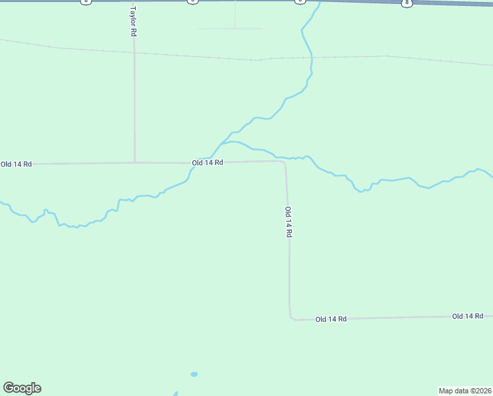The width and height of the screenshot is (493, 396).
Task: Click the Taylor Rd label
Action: coord(133,22)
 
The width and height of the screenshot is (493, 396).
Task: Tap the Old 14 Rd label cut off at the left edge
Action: coord(16,164)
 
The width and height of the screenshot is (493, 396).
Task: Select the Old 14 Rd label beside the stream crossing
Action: coord(208,162)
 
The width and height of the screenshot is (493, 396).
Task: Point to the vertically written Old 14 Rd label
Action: coord(288,222)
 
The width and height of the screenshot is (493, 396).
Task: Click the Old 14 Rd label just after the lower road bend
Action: coord(331,319)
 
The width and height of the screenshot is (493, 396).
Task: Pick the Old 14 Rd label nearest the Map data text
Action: coord(467,317)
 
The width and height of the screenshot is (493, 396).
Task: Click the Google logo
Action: coord(22,388)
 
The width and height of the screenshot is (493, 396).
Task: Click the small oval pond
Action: coord(194,374)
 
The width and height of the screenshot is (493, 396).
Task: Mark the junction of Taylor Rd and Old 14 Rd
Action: coord(134,162)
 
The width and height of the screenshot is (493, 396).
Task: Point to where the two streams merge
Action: coord(222,143)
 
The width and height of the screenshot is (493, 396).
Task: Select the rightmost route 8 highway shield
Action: coord(407,3)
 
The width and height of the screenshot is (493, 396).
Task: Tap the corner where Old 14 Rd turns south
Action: coord(284,162)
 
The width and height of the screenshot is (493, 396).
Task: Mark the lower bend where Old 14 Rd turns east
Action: coord(291,318)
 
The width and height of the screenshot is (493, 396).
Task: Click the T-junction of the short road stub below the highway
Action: coord(235,28)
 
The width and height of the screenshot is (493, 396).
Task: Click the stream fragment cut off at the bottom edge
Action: coord(176,394)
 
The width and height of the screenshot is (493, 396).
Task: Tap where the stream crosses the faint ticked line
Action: coord(310,58)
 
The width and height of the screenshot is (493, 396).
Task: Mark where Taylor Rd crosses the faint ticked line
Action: coord(134,52)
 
